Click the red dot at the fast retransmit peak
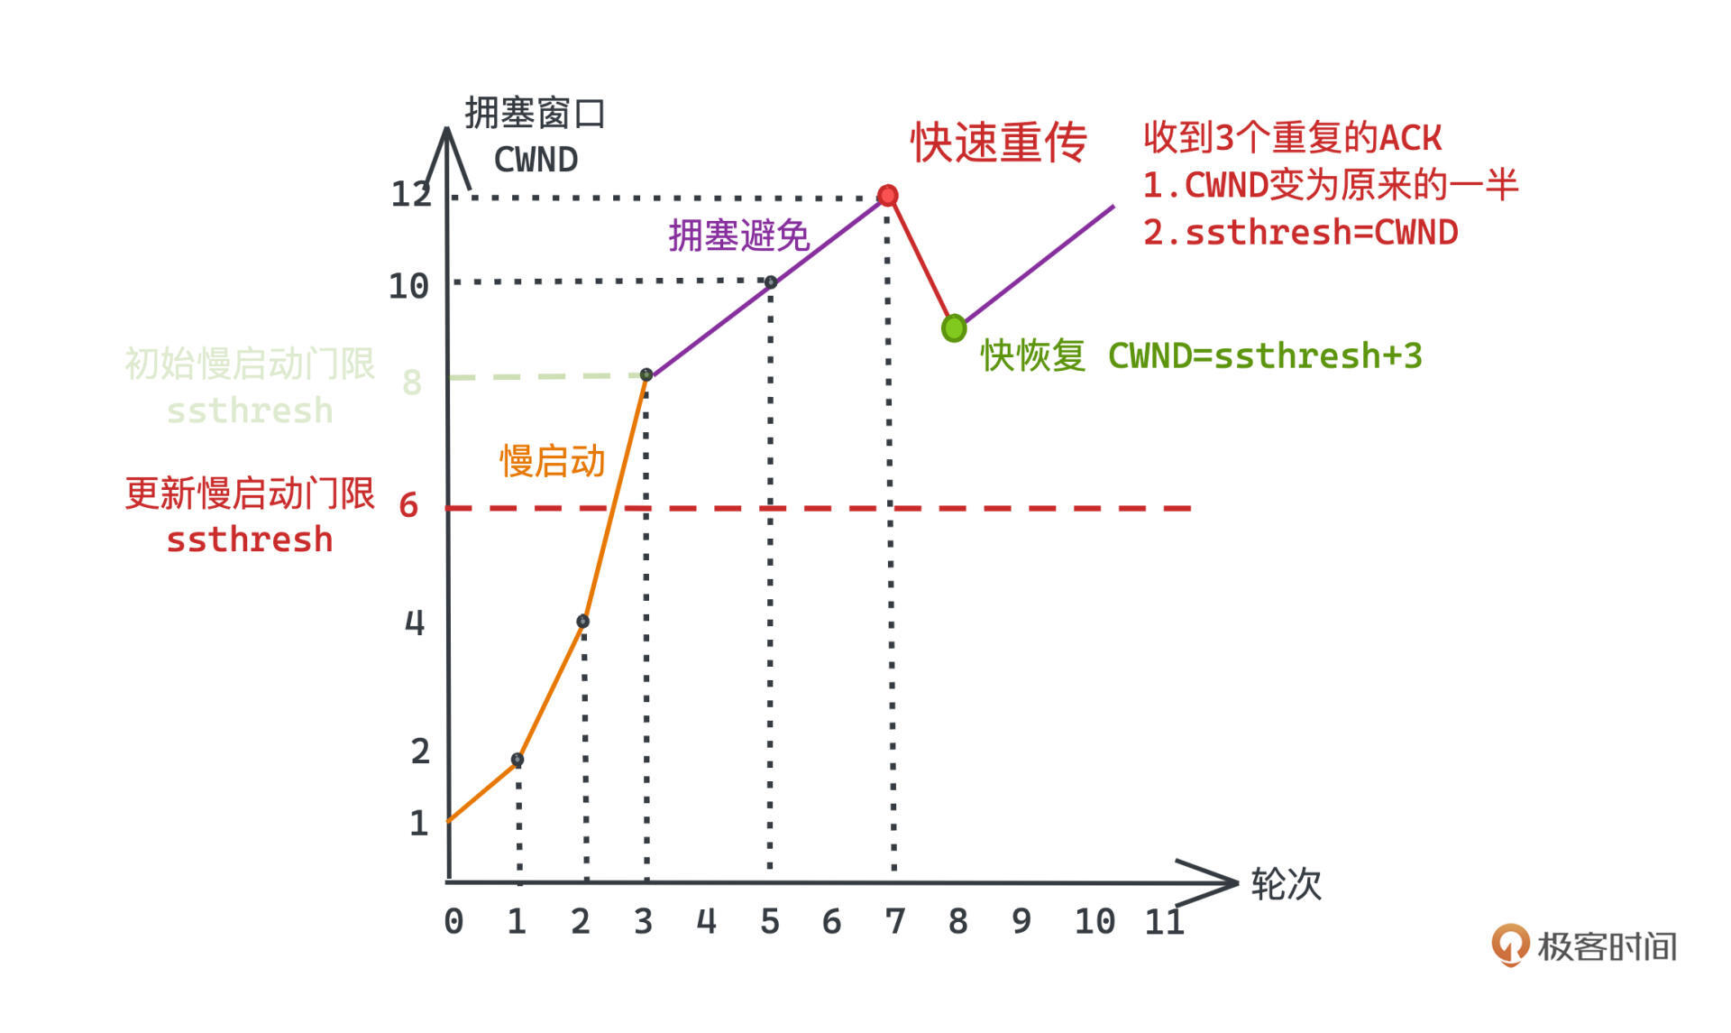[x=888, y=196]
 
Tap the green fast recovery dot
[x=954, y=328]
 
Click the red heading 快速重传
[x=999, y=143]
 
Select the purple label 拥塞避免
[x=739, y=235]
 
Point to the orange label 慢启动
[x=553, y=461]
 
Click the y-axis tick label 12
[x=411, y=194]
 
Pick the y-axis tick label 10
[x=408, y=287]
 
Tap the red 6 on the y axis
[x=409, y=505]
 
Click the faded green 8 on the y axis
[x=412, y=383]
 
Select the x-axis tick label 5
[x=769, y=921]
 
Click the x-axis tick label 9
[x=1021, y=921]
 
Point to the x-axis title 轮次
[x=1287, y=884]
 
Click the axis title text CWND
[x=536, y=160]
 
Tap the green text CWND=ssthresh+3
[x=1265, y=355]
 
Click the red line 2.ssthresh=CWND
[x=1300, y=233]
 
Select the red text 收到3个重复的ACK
[x=1293, y=138]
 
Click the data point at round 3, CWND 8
[x=646, y=374]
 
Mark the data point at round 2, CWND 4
[x=582, y=622]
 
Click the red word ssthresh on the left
[x=250, y=540]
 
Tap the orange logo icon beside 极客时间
[x=1510, y=945]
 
